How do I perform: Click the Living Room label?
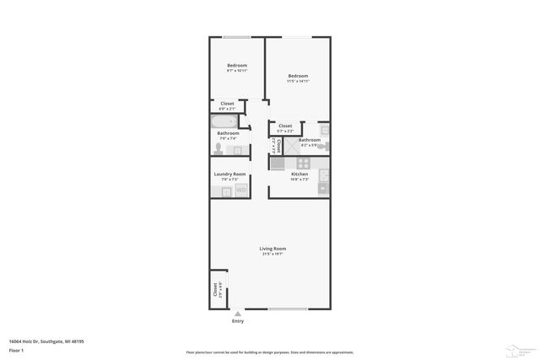(273, 249)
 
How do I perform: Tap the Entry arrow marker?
(237, 313)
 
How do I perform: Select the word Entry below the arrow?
(237, 321)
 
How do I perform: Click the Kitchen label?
(300, 174)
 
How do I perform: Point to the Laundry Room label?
(229, 174)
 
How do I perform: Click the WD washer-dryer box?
(240, 191)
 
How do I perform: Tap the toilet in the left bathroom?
(219, 148)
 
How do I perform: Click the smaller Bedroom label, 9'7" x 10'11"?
(236, 66)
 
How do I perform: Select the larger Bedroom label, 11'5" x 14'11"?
(298, 76)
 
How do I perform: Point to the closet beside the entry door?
(216, 289)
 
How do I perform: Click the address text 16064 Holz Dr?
(46, 341)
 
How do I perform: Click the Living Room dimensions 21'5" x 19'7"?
(273, 255)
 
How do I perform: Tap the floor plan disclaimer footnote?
(270, 352)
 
